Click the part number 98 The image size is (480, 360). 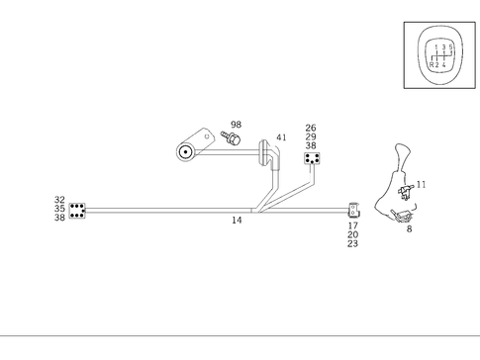[x=236, y=126]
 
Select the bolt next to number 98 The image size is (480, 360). [x=234, y=139]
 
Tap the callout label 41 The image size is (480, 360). [x=282, y=137]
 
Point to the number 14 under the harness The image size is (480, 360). [x=237, y=221]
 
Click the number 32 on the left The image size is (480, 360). [x=59, y=200]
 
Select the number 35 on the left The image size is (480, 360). [x=59, y=209]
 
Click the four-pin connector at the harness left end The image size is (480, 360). [x=77, y=210]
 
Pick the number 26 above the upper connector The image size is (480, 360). [x=311, y=128]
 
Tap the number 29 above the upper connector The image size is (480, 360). [x=311, y=136]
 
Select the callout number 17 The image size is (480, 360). [x=352, y=225]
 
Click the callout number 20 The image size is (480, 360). [x=352, y=234]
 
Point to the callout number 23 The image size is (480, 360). [x=352, y=243]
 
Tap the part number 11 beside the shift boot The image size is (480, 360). [x=422, y=184]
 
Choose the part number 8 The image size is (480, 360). [x=409, y=228]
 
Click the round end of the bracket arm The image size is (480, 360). [x=185, y=152]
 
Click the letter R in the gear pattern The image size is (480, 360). [x=432, y=64]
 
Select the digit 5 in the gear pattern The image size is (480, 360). [x=451, y=46]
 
